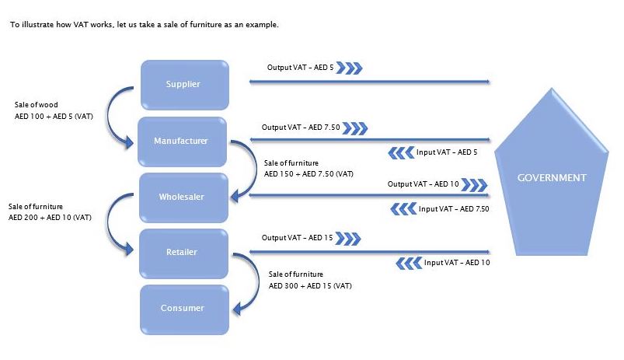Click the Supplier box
pyautogui.click(x=183, y=84)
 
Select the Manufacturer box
pyautogui.click(x=182, y=141)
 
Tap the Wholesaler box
pyautogui.click(x=182, y=197)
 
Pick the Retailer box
pyautogui.click(x=183, y=252)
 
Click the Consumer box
pyautogui.click(x=183, y=309)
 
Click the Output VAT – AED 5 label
pyautogui.click(x=300, y=68)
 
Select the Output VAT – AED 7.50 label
pyautogui.click(x=300, y=127)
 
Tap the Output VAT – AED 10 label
pyautogui.click(x=424, y=184)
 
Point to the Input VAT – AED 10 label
pyautogui.click(x=457, y=263)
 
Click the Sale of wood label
pyautogui.click(x=37, y=104)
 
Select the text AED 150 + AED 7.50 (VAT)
pyautogui.click(x=309, y=173)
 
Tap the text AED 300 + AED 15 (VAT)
pyautogui.click(x=311, y=286)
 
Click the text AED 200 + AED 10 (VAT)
pyautogui.click(x=50, y=217)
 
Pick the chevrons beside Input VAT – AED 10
pyautogui.click(x=409, y=264)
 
